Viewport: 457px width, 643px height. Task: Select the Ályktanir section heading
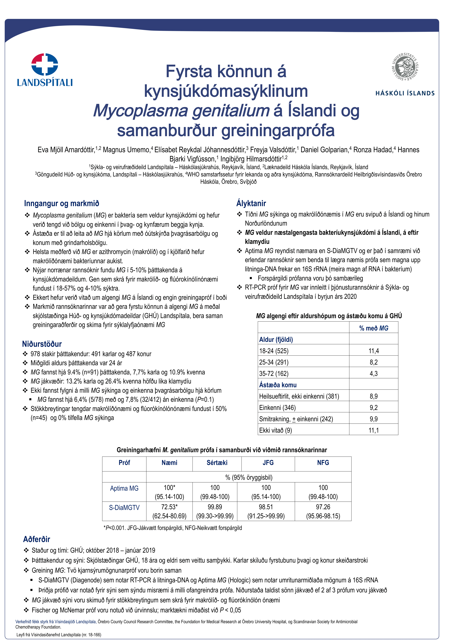click(x=251, y=203)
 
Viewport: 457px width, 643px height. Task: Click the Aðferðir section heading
click(x=37, y=539)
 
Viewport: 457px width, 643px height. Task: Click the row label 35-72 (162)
click(x=274, y=374)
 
